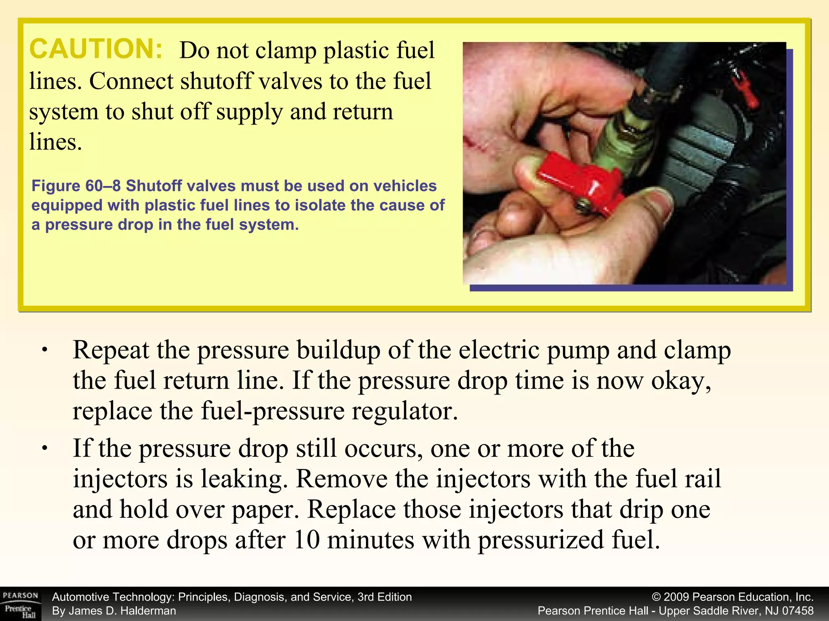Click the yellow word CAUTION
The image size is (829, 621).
(96, 49)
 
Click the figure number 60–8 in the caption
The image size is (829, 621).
(103, 186)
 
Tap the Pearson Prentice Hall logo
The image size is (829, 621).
(20, 604)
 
